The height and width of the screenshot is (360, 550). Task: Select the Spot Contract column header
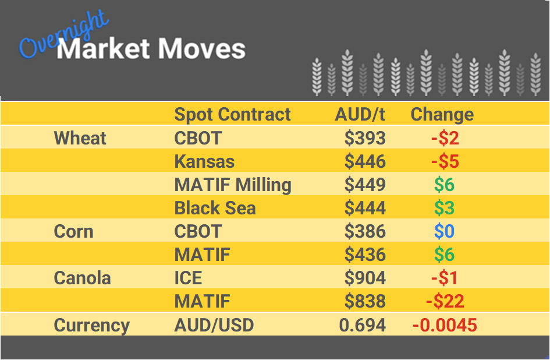pyautogui.click(x=232, y=115)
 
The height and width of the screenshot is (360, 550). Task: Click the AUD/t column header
pyautogui.click(x=360, y=115)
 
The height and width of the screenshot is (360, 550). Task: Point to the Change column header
pyautogui.click(x=442, y=115)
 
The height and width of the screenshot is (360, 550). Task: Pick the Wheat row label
pyautogui.click(x=80, y=139)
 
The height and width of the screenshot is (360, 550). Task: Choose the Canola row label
pyautogui.click(x=82, y=278)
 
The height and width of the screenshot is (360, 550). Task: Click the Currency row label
pyautogui.click(x=91, y=325)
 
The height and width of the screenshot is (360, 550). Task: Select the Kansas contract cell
pyautogui.click(x=204, y=161)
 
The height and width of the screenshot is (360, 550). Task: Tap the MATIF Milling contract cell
pyautogui.click(x=233, y=185)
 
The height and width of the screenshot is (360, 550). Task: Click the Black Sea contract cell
pyautogui.click(x=215, y=208)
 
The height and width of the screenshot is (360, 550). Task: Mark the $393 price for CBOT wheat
pyautogui.click(x=365, y=138)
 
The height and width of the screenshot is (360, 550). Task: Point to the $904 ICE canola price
pyautogui.click(x=365, y=278)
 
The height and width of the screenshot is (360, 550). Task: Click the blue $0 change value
pyautogui.click(x=444, y=231)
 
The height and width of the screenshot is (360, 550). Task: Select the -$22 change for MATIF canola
pyautogui.click(x=445, y=301)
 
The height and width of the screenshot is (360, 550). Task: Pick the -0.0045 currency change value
pyautogui.click(x=445, y=325)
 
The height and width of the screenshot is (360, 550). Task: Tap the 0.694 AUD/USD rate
pyautogui.click(x=362, y=325)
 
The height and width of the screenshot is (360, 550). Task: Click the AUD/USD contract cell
pyautogui.click(x=214, y=325)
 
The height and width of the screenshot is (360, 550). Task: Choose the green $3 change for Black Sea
pyautogui.click(x=444, y=208)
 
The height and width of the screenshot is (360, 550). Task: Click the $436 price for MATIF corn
pyautogui.click(x=365, y=255)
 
